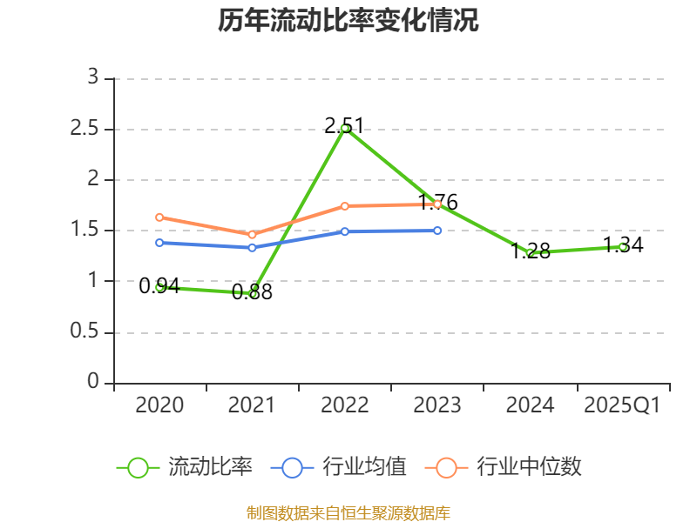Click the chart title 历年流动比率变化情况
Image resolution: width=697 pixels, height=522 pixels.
(x=348, y=21)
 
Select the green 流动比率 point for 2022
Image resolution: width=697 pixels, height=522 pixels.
(x=345, y=128)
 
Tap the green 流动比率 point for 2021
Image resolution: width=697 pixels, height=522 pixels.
(x=253, y=294)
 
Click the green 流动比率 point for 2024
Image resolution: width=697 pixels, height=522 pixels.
(x=531, y=252)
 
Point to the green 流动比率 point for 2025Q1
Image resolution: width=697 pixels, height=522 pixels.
(x=623, y=247)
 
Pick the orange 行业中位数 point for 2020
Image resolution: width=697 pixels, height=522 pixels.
(x=159, y=217)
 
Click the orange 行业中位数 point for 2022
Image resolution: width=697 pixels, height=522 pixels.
(x=345, y=206)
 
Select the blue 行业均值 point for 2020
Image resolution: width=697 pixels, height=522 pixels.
(x=159, y=243)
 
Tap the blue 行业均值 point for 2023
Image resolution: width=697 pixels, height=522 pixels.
(x=437, y=231)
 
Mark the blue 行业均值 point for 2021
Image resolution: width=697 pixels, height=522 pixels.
(x=253, y=248)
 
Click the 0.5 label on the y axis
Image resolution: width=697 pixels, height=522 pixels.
(x=86, y=333)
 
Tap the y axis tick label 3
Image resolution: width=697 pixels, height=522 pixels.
(x=92, y=78)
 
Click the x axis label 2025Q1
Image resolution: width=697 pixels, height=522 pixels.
(x=622, y=405)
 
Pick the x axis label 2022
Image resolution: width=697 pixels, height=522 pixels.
(x=345, y=405)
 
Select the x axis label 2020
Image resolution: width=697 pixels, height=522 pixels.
(x=159, y=405)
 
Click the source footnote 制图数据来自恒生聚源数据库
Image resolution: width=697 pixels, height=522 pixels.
(x=348, y=512)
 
